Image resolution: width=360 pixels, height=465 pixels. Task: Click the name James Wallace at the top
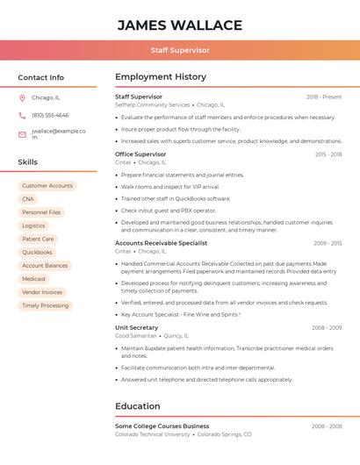tap(180, 25)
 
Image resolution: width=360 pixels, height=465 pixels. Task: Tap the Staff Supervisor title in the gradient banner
tap(180, 51)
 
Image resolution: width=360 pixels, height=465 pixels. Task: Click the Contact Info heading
tap(41, 77)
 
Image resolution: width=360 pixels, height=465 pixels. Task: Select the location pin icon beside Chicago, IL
tap(22, 97)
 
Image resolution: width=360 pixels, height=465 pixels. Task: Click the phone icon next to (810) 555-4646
tap(22, 115)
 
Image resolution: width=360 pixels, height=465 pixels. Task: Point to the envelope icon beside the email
tap(22, 134)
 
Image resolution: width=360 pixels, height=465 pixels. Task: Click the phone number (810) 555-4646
tap(50, 115)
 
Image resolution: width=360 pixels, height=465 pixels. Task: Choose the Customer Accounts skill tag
tap(47, 186)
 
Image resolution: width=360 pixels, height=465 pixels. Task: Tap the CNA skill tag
tap(28, 199)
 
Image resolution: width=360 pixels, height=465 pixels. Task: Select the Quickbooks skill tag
tap(37, 252)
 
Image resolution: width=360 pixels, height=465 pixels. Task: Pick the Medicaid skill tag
tap(33, 279)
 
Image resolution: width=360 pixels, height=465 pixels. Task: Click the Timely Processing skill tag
tap(45, 305)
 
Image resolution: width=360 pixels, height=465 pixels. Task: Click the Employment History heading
tap(161, 77)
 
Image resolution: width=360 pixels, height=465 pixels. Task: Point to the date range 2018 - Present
tap(324, 97)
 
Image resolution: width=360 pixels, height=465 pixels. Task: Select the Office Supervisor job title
tap(140, 154)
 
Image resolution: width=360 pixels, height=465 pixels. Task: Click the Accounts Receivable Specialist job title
tap(161, 243)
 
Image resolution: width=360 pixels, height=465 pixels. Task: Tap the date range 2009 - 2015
tap(328, 243)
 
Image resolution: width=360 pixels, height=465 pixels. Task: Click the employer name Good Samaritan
tap(136, 335)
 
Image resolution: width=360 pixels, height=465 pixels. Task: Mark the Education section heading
tap(139, 406)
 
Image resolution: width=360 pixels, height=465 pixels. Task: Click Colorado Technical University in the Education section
tap(153, 434)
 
